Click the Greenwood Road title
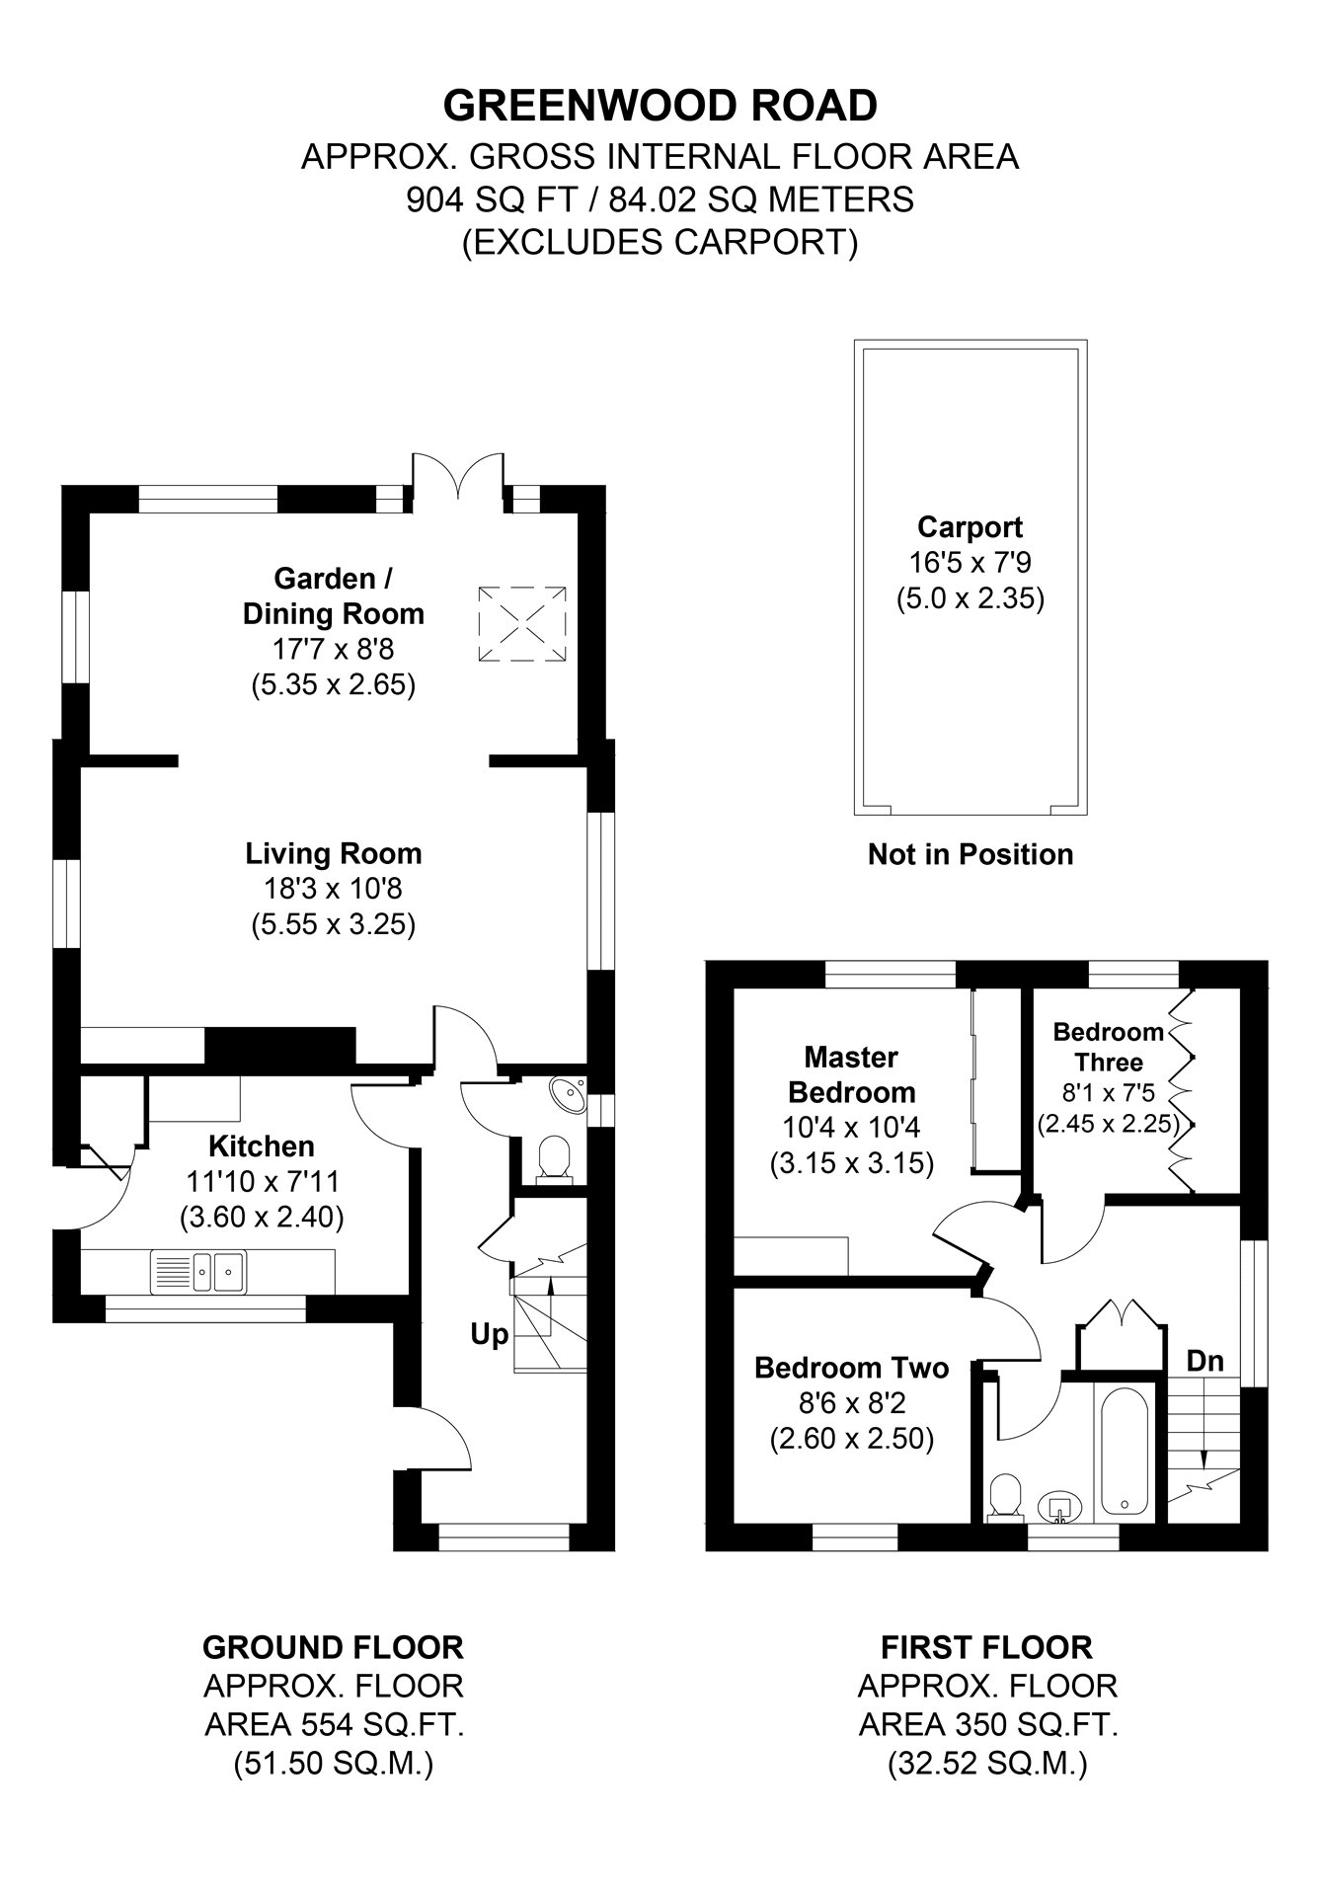(x=660, y=105)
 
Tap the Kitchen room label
(x=262, y=1145)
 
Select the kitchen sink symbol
(x=198, y=1271)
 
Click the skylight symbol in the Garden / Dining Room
(x=523, y=624)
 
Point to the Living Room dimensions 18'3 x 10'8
(x=333, y=889)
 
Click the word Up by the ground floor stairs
(x=489, y=1335)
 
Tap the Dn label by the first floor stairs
(x=1204, y=1362)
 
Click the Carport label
(x=970, y=526)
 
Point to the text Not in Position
(x=970, y=854)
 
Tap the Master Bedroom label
(x=851, y=1074)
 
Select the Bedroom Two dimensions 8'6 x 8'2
(x=851, y=1403)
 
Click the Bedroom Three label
(x=1108, y=1047)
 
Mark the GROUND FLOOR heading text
(x=333, y=1647)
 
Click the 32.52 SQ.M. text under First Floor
(x=986, y=1763)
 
